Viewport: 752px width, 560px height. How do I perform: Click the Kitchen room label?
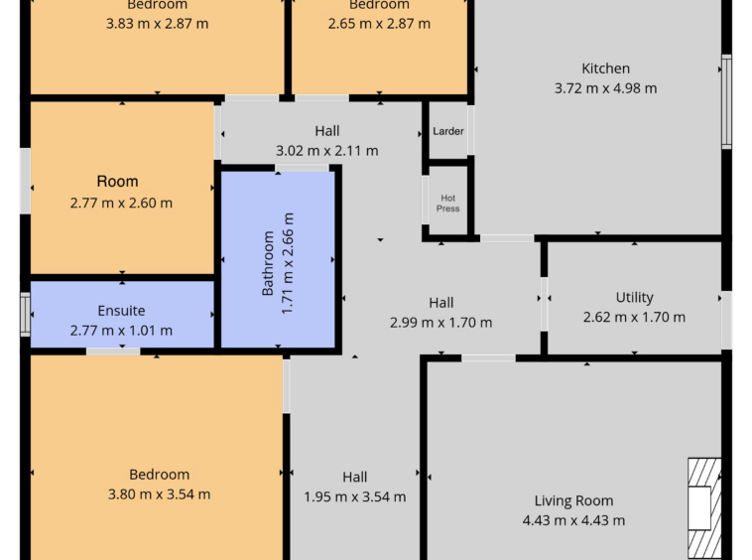coord(605,69)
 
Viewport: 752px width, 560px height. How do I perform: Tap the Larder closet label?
coord(448,131)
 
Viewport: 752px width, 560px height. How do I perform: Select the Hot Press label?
coord(448,204)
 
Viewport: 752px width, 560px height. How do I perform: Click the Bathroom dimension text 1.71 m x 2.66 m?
coord(287,263)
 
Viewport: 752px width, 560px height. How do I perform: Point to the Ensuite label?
coord(121,311)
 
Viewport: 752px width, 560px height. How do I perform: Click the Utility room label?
coord(634,298)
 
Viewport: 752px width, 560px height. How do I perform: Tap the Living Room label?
coord(573,500)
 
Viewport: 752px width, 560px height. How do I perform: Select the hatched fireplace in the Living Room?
coord(704,508)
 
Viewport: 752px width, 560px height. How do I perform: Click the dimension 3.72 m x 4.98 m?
coord(605,88)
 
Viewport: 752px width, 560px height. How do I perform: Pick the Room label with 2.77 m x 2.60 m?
coord(117,182)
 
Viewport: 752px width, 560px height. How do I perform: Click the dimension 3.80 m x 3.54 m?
coord(159,494)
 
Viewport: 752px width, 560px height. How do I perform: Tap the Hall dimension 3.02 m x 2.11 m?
coord(326,151)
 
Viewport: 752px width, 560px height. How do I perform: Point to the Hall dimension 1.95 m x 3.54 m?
coord(354,496)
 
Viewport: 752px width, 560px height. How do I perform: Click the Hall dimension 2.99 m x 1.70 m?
coord(440,323)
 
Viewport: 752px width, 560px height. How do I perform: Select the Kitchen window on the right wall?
coord(726,101)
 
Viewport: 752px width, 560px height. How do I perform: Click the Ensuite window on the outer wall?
coord(25,315)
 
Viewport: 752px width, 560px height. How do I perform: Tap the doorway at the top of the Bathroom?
coord(302,168)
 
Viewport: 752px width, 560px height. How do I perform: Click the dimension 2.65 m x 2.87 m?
coord(379,24)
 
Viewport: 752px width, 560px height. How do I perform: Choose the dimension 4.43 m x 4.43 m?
coord(573,520)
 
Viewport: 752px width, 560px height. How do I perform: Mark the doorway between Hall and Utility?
coord(544,304)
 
